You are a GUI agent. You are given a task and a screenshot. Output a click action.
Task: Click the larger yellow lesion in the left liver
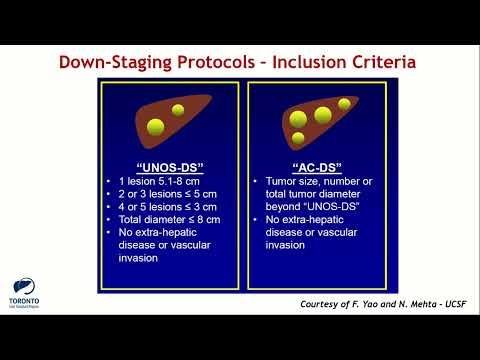(156, 127)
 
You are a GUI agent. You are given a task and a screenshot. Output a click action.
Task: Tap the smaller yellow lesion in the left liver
(178, 109)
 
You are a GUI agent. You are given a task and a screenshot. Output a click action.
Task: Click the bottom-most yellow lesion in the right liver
(298, 137)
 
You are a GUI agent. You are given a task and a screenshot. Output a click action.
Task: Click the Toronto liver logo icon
(23, 285)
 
